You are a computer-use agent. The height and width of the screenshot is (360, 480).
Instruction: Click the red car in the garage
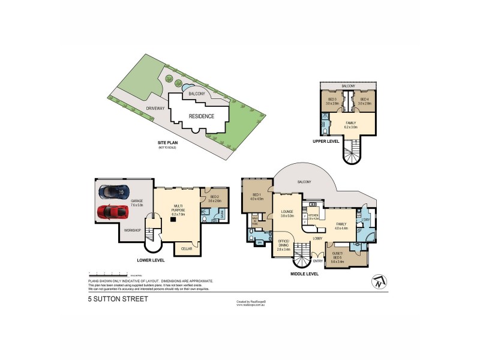(111, 212)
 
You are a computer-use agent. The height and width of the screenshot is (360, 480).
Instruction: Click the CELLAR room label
(186, 247)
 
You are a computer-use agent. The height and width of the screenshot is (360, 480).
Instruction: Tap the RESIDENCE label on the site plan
(202, 116)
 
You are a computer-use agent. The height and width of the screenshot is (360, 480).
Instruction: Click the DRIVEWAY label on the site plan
(139, 108)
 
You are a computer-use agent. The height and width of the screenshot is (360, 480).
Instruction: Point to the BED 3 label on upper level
(332, 100)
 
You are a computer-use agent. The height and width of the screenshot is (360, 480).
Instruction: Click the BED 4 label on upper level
(364, 100)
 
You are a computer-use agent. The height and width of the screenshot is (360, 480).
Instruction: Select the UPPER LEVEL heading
(326, 142)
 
